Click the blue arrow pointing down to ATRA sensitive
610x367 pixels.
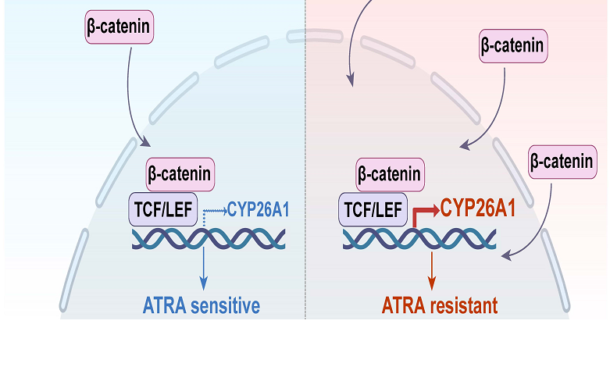click(204, 265)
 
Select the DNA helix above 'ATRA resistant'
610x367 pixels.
click(420, 239)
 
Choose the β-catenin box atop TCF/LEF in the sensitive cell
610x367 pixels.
click(178, 173)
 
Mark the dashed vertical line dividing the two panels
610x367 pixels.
click(305, 156)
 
